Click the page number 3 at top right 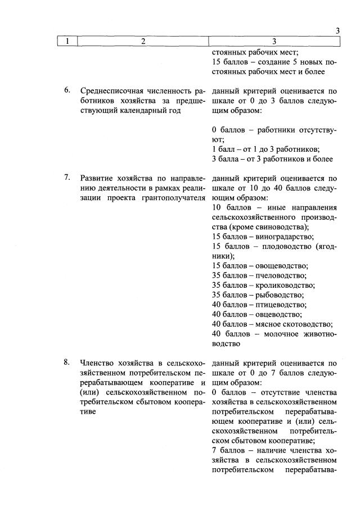[x=337, y=31]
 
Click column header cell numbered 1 [x=67, y=41]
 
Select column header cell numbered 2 [x=143, y=41]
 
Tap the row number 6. [x=66, y=90]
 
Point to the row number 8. [x=66, y=362]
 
